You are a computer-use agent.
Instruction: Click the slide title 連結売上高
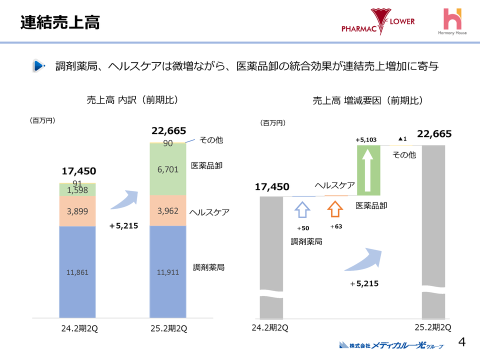[x=60, y=22]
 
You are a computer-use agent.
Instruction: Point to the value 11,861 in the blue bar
[x=77, y=272]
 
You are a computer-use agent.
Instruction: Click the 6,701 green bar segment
[x=168, y=169]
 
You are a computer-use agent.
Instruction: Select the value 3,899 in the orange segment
[x=77, y=211]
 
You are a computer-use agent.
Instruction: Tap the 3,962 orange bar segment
[x=168, y=211]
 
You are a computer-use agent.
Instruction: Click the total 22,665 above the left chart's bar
[x=168, y=131]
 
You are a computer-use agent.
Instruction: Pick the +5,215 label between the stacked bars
[x=123, y=226]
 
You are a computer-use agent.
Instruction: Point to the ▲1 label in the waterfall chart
[x=402, y=139]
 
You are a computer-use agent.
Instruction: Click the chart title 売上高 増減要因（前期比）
[x=368, y=100]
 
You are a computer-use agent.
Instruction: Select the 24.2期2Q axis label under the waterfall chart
[x=269, y=328]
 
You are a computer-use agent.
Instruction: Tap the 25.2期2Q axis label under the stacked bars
[x=168, y=328]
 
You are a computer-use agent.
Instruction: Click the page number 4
[x=462, y=342]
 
